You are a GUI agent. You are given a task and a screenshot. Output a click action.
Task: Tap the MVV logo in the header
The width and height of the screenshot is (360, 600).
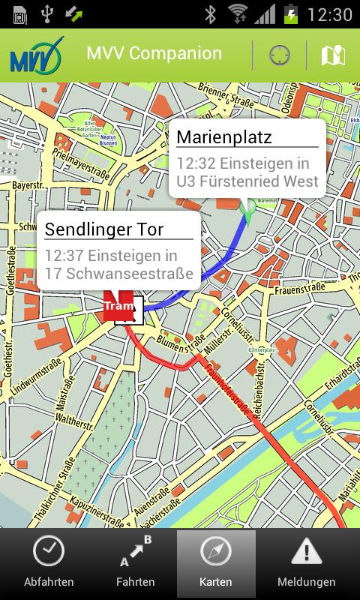point(36,55)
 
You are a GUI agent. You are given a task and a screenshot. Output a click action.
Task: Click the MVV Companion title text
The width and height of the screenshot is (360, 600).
point(154,54)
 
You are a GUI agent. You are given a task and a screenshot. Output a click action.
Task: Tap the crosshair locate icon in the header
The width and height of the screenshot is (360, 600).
point(280,55)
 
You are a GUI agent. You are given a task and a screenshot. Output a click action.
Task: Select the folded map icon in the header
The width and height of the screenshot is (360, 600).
point(333,55)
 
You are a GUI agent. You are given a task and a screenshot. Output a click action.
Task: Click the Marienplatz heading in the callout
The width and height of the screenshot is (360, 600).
point(224,137)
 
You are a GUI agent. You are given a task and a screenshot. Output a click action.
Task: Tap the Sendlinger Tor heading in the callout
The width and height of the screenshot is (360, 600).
point(104,229)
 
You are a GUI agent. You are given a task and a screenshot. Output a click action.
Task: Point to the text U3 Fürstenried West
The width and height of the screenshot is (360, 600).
point(247,181)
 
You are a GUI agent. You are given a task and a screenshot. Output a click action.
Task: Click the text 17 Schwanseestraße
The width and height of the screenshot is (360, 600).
point(118,274)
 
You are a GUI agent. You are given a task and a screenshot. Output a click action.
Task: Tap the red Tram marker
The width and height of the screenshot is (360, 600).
point(118,306)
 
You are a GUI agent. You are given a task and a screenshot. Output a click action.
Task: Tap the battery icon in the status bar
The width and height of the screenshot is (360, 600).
point(291,13)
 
